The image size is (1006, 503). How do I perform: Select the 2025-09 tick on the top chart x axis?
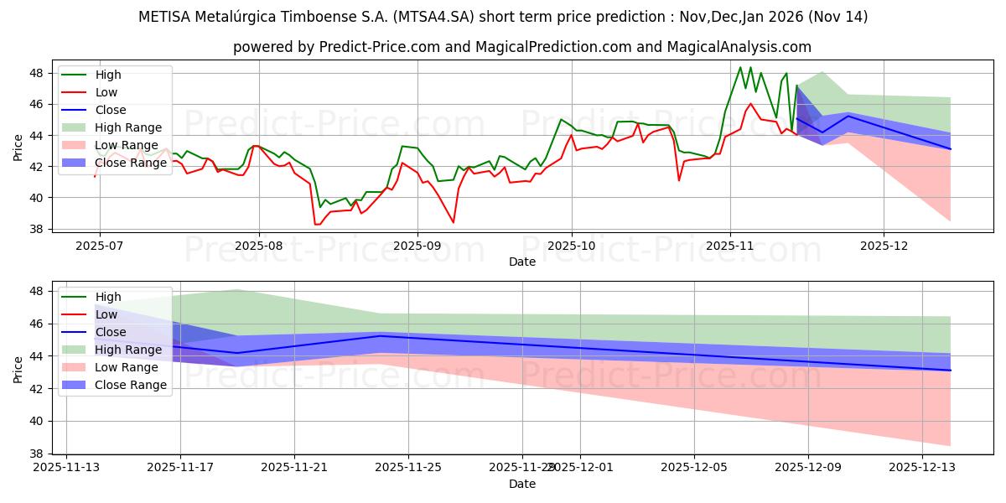point(417,246)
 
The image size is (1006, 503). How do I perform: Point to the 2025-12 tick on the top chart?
point(884,246)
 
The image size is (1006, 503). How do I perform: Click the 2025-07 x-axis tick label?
point(100,246)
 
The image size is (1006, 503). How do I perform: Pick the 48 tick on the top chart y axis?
point(37,73)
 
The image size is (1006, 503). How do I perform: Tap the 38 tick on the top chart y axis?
point(37,229)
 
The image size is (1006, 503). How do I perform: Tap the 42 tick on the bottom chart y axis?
point(37,388)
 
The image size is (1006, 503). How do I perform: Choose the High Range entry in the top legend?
point(128,127)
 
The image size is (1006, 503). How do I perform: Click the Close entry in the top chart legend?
point(111,110)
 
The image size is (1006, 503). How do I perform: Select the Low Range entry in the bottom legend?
point(127,367)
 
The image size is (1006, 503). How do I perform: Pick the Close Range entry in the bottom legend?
point(131,385)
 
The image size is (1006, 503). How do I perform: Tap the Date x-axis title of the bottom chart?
point(522,485)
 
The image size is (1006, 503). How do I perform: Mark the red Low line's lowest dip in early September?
point(454,222)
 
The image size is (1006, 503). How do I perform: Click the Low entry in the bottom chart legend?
point(106,314)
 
